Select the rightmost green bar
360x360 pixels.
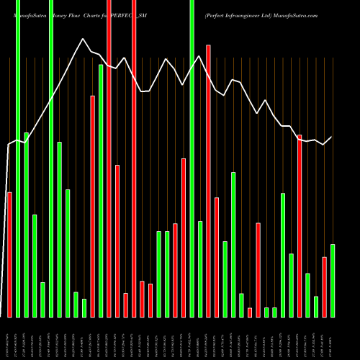coord(333,280)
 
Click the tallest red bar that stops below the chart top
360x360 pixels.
coord(209,180)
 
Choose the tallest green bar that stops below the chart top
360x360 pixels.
coord(101,190)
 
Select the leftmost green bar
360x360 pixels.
coord(18,158)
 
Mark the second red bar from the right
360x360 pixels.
coord(300,225)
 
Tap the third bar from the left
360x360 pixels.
coord(26,225)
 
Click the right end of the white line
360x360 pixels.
coord(332,137)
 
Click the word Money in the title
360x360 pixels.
coord(58,14)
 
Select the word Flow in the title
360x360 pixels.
coord(78,14)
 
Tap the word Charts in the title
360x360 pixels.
coord(98,14)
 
